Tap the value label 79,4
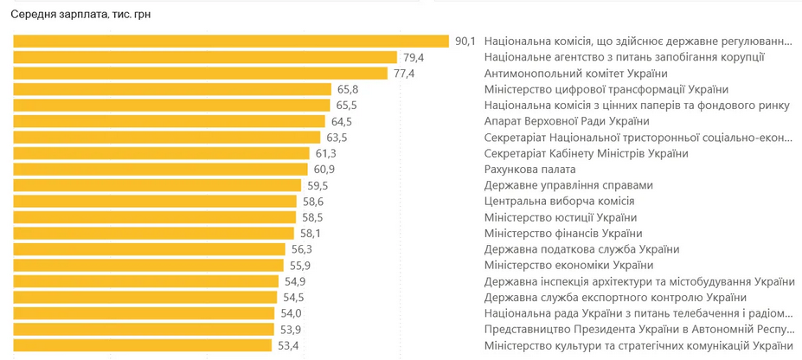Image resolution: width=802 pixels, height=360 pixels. (414, 57)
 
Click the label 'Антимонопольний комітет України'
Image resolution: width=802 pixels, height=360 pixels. (575, 74)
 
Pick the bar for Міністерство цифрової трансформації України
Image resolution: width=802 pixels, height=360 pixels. (173, 89)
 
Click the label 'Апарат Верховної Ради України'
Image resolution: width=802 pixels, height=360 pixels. (567, 121)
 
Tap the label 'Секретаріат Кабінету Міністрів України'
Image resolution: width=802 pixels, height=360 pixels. (587, 153)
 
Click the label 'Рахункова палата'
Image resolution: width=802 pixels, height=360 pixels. (530, 170)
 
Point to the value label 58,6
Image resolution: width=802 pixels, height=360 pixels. (313, 202)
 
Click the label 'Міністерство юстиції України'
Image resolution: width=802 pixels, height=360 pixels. (561, 217)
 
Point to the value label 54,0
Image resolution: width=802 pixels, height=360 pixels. (291, 313)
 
